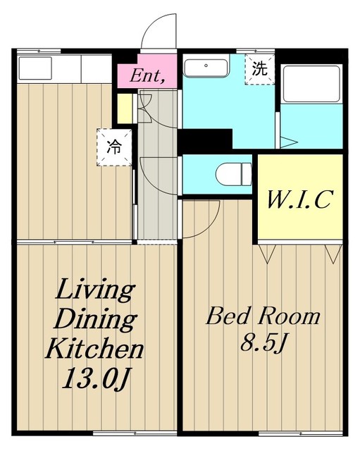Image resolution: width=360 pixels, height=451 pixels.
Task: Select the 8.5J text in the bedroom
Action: [263, 342]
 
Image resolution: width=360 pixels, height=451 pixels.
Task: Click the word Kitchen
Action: [94, 348]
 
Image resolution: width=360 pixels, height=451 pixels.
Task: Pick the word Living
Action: [95, 290]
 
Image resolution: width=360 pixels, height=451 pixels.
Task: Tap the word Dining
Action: [95, 319]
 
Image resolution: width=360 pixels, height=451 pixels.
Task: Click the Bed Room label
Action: [263, 316]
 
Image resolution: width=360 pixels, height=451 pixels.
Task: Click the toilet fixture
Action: [233, 174]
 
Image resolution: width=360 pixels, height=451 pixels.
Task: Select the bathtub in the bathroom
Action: [311, 84]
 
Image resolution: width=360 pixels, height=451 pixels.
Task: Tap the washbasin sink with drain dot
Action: [206, 67]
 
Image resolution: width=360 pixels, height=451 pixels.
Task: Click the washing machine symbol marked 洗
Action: [260, 69]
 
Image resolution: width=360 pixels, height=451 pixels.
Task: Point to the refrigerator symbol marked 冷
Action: [114, 147]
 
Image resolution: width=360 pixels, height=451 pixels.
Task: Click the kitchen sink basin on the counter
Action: [35, 68]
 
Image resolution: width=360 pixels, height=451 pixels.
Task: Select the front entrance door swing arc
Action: [159, 31]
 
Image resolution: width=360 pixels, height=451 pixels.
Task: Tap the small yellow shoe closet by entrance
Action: [125, 109]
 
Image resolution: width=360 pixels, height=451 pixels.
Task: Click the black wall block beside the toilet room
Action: [205, 139]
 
